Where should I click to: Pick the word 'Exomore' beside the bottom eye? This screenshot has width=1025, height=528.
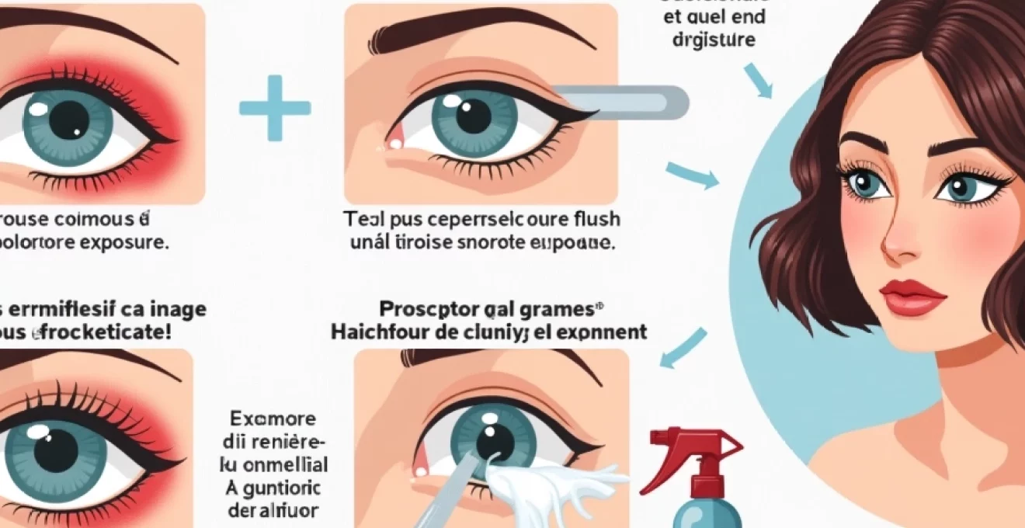(273, 419)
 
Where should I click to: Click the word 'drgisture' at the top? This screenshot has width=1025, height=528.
(712, 40)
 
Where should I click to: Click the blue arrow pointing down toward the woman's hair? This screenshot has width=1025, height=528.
(758, 81)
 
